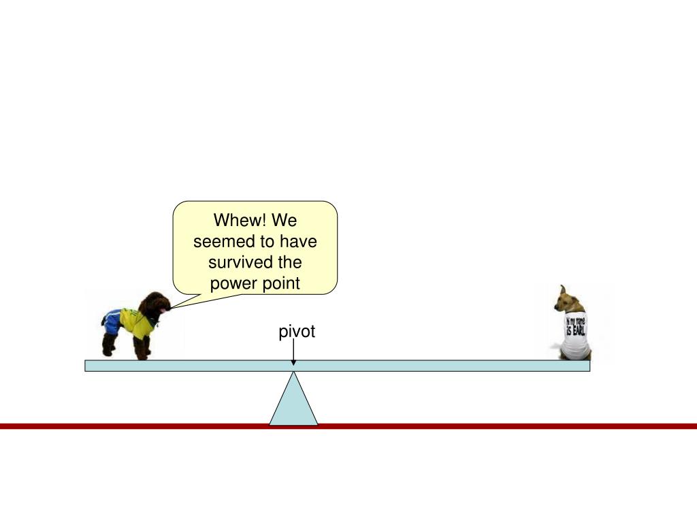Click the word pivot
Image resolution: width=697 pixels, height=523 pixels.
click(x=297, y=332)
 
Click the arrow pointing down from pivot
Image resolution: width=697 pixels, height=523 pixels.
click(x=293, y=354)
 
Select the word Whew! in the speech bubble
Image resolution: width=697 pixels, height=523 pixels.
click(x=233, y=221)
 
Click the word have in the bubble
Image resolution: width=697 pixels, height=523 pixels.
click(x=299, y=242)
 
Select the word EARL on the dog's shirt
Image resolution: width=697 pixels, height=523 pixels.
click(x=578, y=331)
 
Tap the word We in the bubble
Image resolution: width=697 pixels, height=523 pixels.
click(x=284, y=221)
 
